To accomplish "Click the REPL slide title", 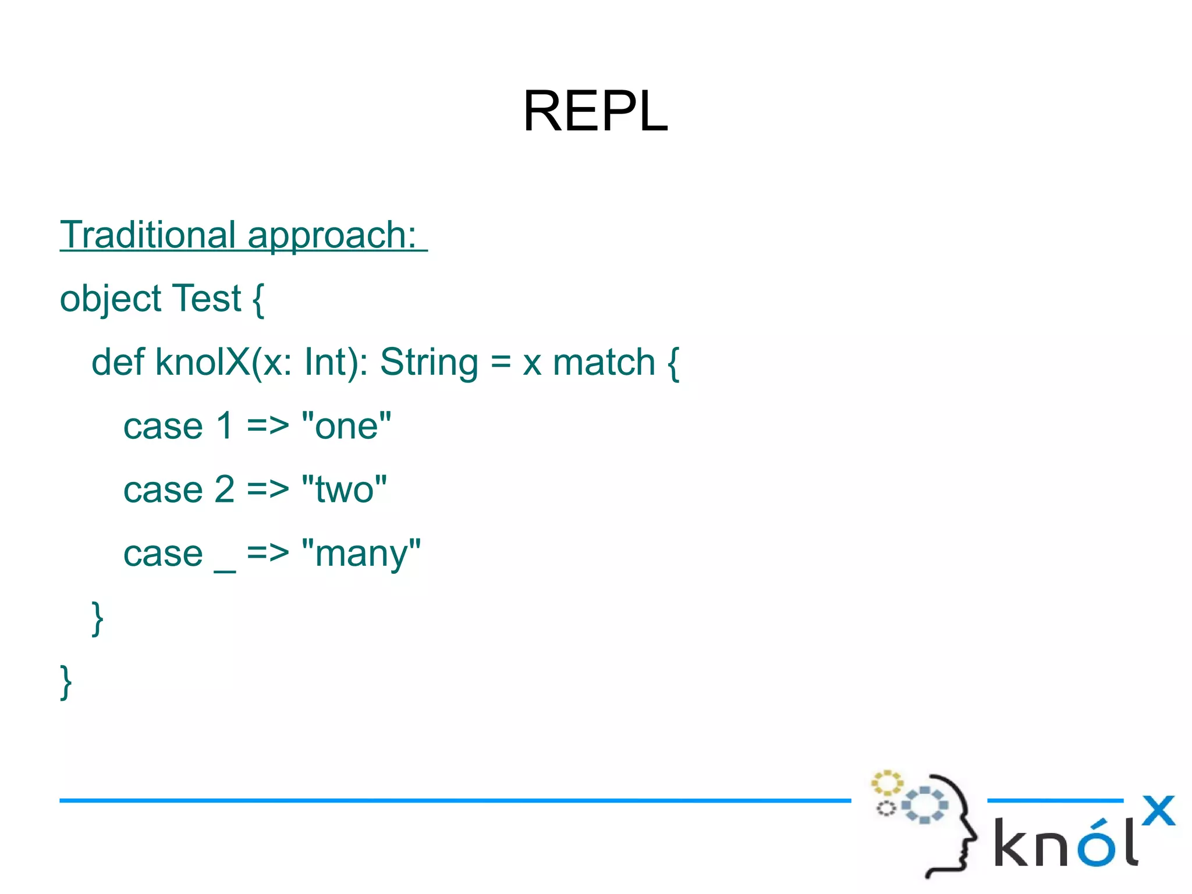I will pos(595,111).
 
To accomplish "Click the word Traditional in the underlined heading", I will pos(148,235).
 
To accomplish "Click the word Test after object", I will pos(207,299).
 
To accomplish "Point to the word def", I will pos(118,362).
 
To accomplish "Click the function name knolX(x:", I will pos(223,362).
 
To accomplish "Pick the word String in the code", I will pos(429,362).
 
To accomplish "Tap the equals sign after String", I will pos(501,362).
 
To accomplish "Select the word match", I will pos(604,362).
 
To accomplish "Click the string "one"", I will pos(346,426).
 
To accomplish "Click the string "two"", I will pos(344,489).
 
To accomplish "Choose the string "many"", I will pos(361,554).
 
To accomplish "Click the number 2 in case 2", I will pos(225,489).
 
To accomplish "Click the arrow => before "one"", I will pos(268,426).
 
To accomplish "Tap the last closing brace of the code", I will pos(66,682).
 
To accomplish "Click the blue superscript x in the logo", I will pos(1158,810).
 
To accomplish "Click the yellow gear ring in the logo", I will pos(886,783).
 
